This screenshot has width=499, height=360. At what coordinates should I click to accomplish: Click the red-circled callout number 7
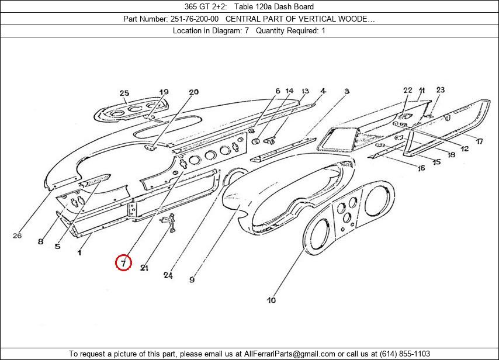click(123, 263)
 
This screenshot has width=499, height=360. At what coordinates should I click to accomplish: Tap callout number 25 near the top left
click(124, 93)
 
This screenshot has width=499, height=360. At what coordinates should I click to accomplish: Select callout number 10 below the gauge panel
click(272, 300)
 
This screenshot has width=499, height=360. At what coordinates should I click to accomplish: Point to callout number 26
click(17, 236)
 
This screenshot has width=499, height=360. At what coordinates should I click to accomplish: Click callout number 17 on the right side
click(479, 141)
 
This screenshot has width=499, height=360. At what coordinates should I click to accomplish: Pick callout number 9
click(192, 280)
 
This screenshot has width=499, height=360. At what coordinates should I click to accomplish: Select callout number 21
click(144, 268)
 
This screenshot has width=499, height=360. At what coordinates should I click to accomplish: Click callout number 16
click(421, 169)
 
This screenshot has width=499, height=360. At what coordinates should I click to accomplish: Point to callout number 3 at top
click(346, 91)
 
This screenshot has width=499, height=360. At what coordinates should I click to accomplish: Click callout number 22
click(408, 90)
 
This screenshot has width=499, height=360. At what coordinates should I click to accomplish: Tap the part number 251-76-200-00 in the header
click(195, 19)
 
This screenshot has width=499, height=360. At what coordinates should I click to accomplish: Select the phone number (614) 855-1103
click(404, 354)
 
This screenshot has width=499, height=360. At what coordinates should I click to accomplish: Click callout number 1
click(79, 252)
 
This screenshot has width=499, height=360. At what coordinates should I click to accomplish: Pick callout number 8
click(40, 241)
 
